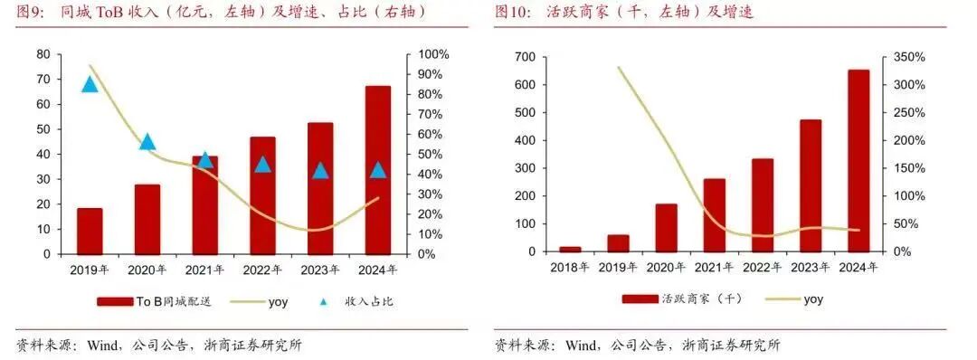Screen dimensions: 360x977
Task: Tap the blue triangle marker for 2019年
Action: [x=90, y=84]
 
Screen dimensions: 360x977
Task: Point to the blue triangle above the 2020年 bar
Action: [x=147, y=141]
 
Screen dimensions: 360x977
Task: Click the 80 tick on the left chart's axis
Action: [x=43, y=54]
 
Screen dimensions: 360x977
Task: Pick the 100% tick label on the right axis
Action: [x=432, y=54]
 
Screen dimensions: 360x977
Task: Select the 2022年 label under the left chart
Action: [x=262, y=270]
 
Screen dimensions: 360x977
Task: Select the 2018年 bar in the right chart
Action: [x=570, y=249]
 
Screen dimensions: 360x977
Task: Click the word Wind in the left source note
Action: [x=104, y=346]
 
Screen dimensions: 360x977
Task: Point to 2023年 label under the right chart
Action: [x=810, y=268]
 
